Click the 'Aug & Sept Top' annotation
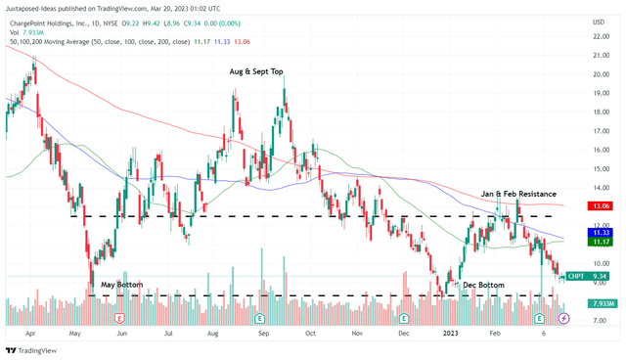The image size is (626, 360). (x=257, y=71)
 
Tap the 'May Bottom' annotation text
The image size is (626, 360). (x=121, y=285)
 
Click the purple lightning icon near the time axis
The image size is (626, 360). (x=563, y=319)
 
